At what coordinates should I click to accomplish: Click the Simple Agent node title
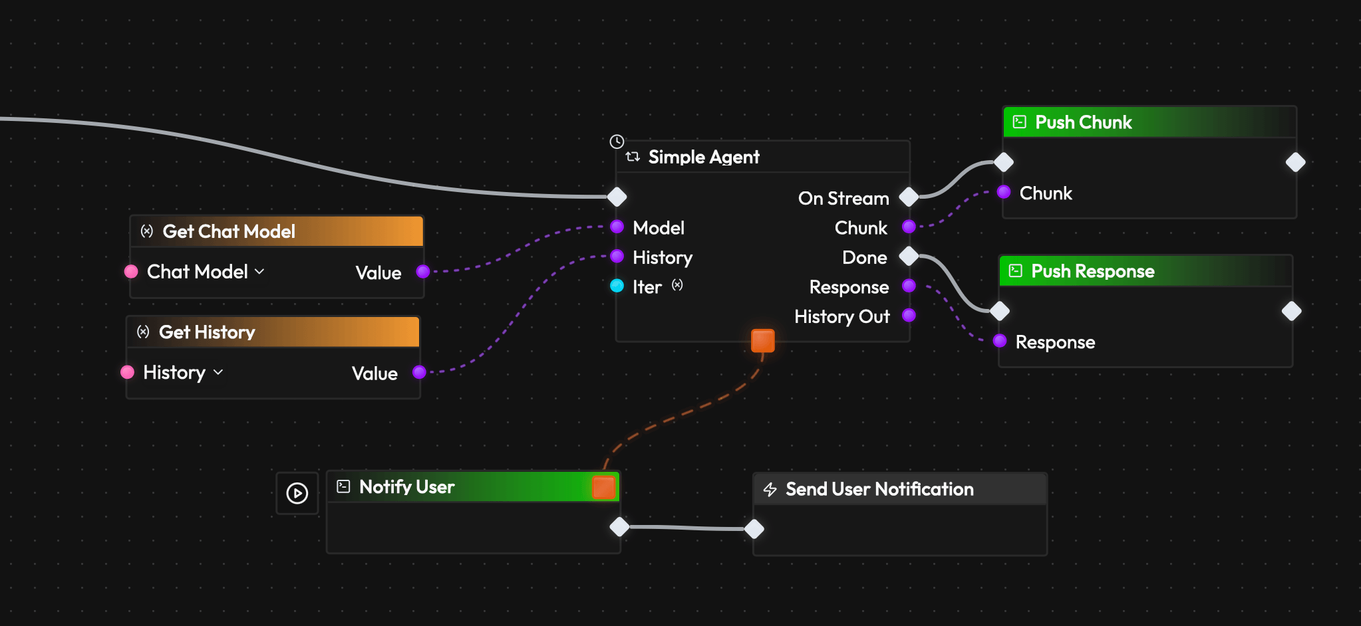703,157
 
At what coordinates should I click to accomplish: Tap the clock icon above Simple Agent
617,142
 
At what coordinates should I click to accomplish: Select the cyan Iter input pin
617,286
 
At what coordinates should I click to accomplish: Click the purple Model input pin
617,227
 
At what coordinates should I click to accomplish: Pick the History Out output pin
909,316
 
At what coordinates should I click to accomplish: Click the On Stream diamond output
909,197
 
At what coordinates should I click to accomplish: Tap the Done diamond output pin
909,256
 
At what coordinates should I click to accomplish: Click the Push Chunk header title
1083,122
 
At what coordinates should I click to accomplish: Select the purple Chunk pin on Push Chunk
1004,193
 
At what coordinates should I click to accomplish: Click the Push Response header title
1092,271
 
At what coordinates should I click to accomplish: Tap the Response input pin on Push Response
1000,342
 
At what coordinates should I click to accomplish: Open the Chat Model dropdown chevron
260,272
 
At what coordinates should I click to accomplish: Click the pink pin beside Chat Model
131,272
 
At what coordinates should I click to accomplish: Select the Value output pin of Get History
419,372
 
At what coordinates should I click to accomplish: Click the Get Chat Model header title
229,231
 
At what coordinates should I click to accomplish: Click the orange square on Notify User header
603,487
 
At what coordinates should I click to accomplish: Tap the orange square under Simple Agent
763,340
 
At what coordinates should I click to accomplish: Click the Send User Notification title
879,490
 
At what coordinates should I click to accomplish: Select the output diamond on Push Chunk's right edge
1295,162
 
